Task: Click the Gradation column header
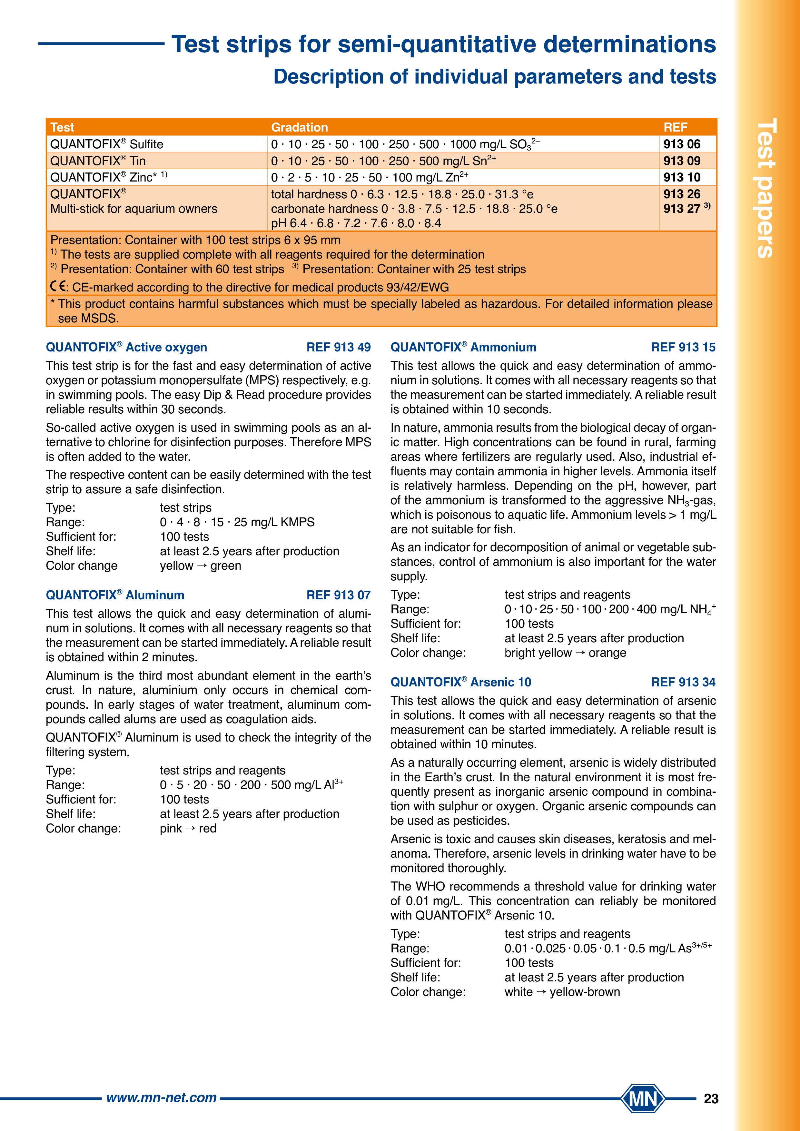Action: click(300, 127)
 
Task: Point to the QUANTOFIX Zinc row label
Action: click(108, 177)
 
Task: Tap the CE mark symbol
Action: click(59, 287)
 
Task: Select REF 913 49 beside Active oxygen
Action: click(339, 347)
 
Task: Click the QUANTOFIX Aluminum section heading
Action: click(115, 595)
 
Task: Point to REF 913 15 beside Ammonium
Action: click(683, 347)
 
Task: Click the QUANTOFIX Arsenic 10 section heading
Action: click(460, 682)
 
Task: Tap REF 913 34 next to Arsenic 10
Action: click(683, 682)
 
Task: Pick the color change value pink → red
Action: click(188, 829)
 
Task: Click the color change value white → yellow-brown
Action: click(562, 992)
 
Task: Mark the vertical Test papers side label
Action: click(765, 187)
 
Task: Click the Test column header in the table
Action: click(62, 127)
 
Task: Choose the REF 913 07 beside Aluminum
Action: click(339, 595)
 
